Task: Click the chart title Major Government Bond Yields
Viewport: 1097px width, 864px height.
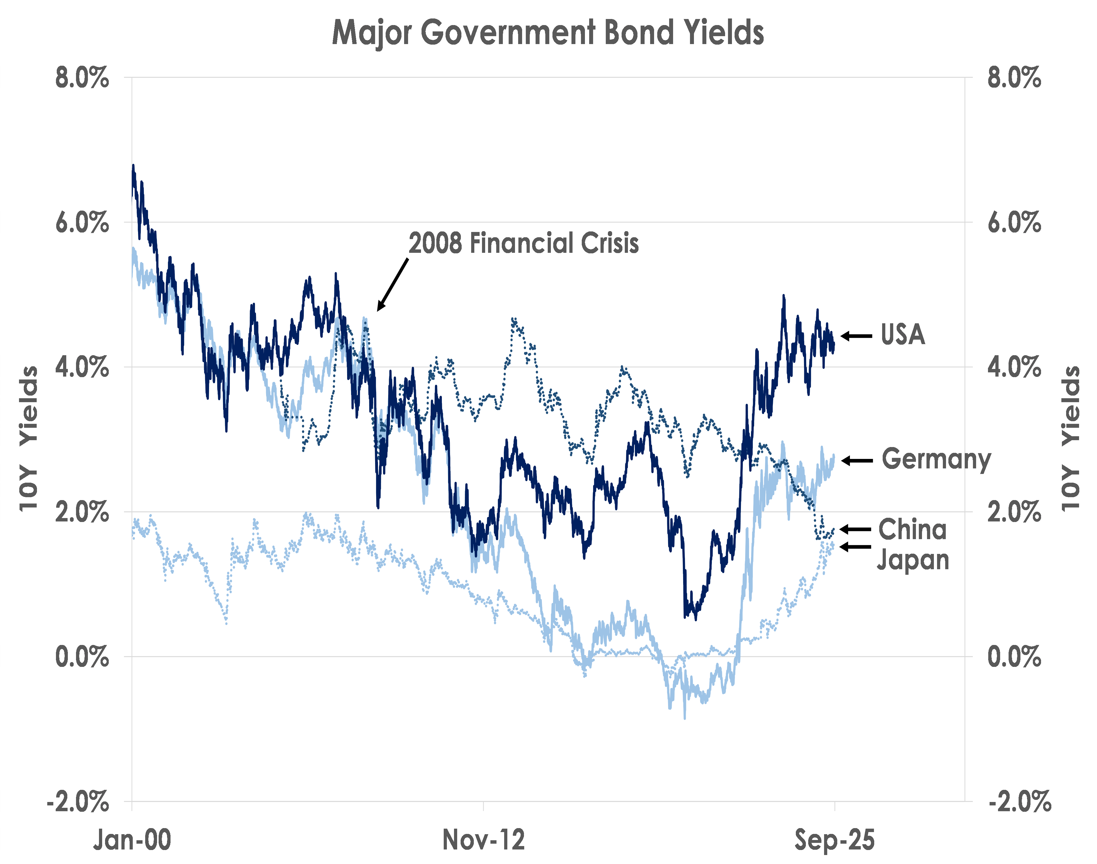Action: tap(548, 33)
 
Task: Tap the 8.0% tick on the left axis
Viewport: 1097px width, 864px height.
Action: tap(82, 78)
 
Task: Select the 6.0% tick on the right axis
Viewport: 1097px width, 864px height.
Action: tap(1014, 222)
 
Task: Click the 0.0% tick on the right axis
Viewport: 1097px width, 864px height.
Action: tap(1014, 657)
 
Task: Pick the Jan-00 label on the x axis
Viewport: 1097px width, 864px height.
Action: tap(132, 840)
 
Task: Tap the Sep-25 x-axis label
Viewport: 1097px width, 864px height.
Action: tap(834, 840)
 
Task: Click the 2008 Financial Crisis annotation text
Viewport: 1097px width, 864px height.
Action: tap(524, 243)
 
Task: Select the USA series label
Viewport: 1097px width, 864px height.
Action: tap(903, 335)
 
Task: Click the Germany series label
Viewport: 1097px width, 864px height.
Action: tap(936, 460)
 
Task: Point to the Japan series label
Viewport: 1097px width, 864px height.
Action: tap(913, 560)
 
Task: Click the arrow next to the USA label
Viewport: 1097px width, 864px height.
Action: tap(856, 336)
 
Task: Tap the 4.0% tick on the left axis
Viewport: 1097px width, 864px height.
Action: tap(82, 367)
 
